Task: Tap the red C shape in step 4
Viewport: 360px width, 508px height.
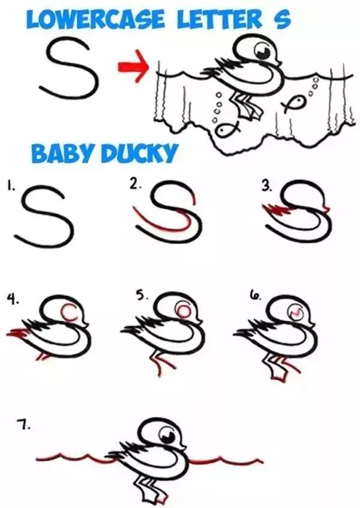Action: click(70, 312)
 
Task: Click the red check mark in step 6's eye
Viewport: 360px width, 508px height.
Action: click(296, 312)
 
